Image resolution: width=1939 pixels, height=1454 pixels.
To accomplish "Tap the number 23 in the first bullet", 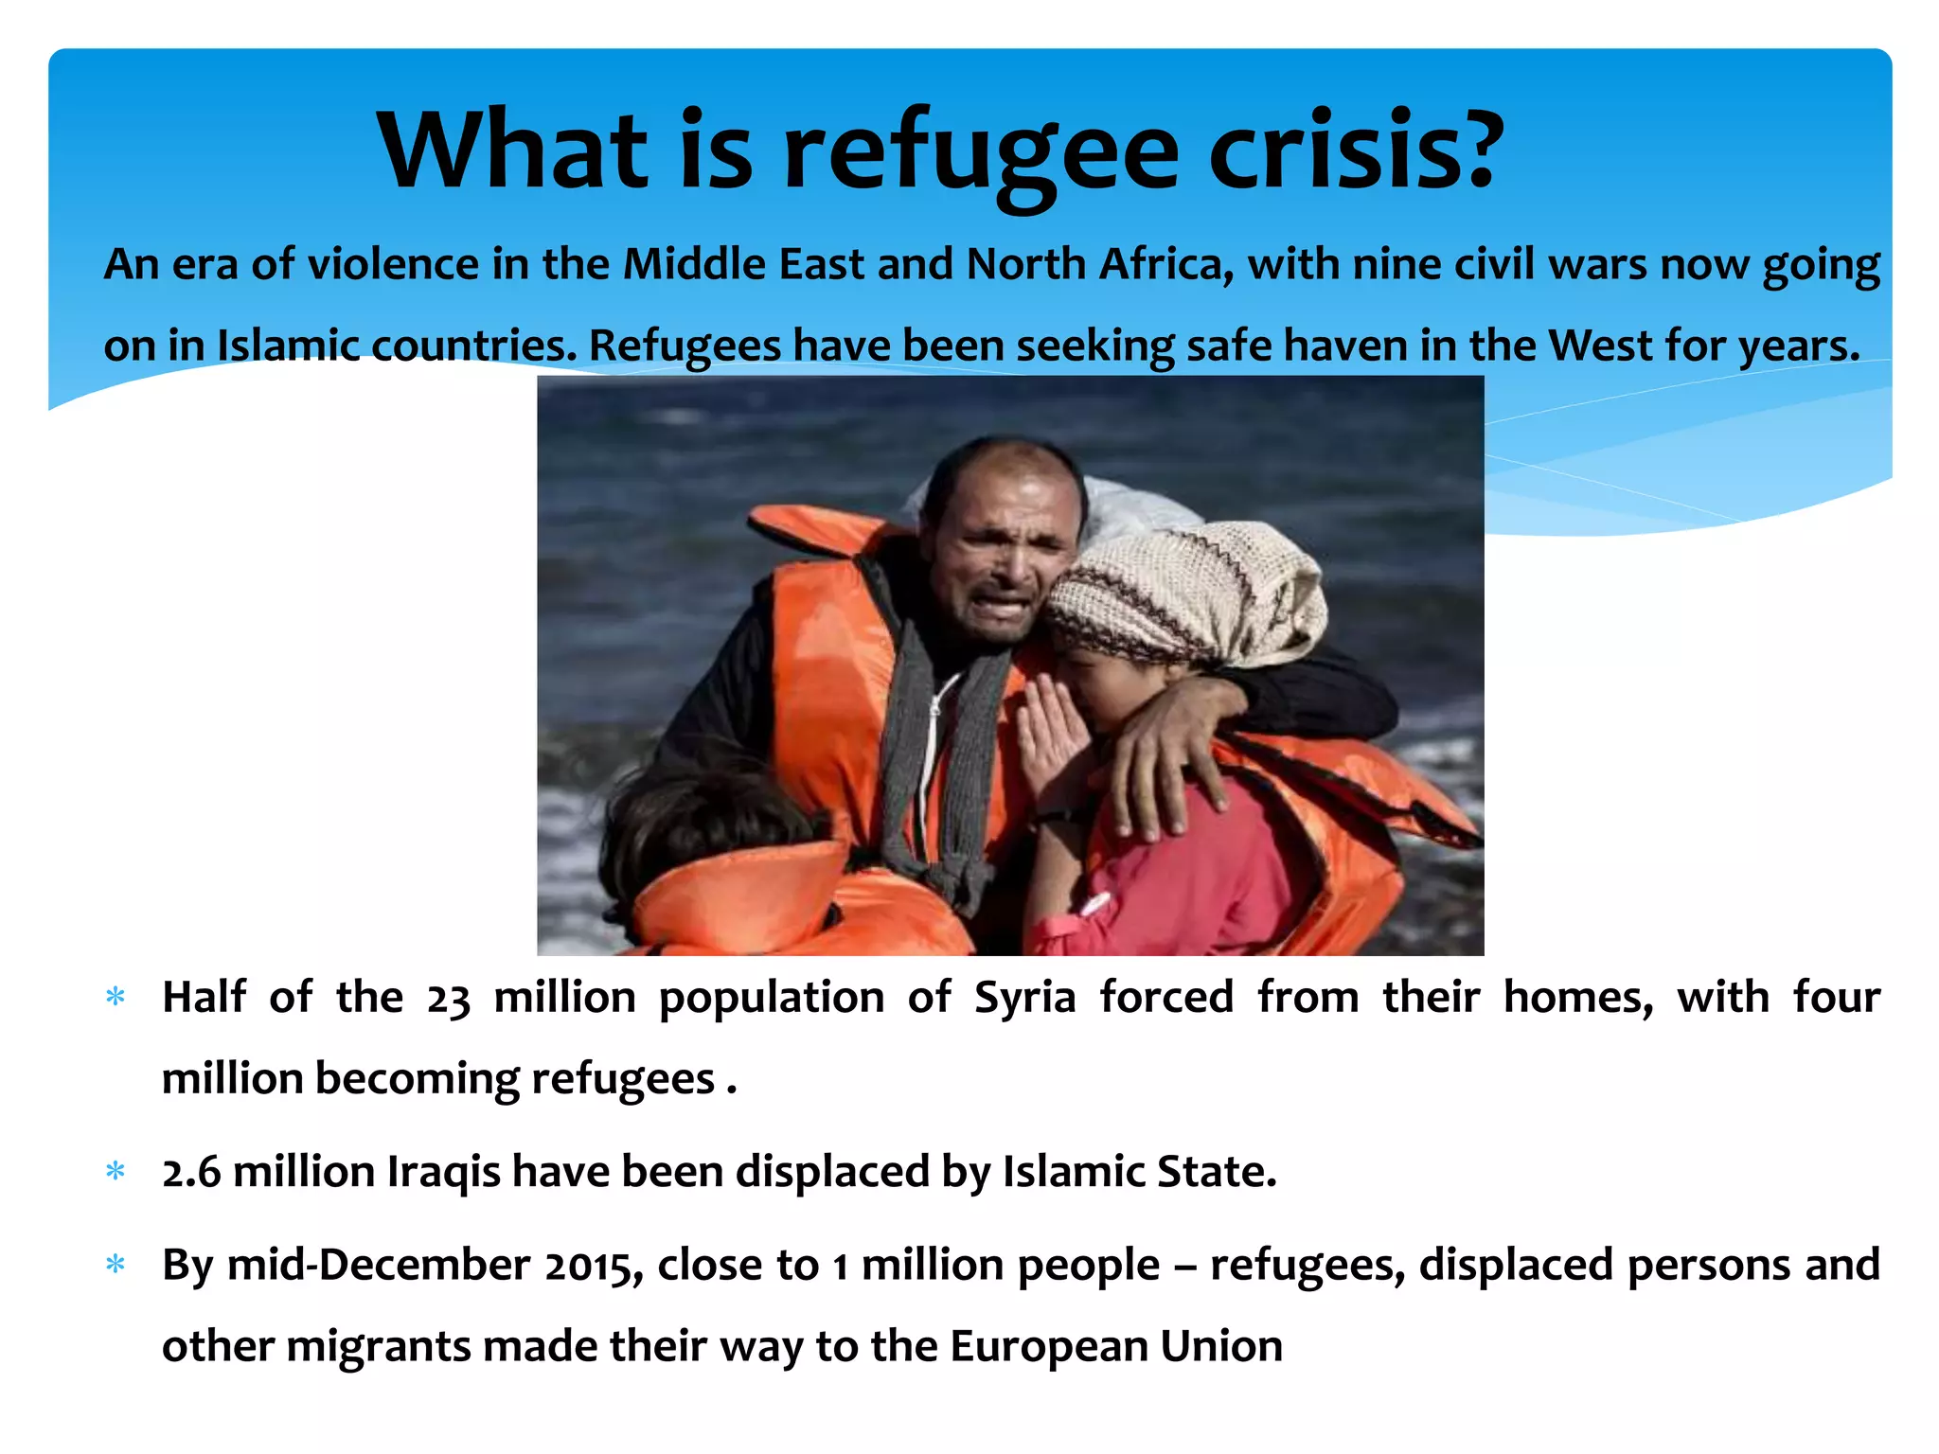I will pos(448,999).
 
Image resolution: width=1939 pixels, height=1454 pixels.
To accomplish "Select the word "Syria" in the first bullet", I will pos(1025,999).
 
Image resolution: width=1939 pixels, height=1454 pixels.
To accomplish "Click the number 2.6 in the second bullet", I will pos(191,1173).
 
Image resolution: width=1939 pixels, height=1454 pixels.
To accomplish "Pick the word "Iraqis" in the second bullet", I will pos(444,1173).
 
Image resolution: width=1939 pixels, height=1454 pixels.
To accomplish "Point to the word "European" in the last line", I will pos(1048,1346).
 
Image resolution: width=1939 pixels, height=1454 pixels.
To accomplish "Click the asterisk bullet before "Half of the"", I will pos(116,998).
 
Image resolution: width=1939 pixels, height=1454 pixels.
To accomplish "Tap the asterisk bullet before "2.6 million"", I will pos(116,1172).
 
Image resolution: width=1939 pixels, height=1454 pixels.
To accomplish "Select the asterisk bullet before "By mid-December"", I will pos(116,1265).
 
